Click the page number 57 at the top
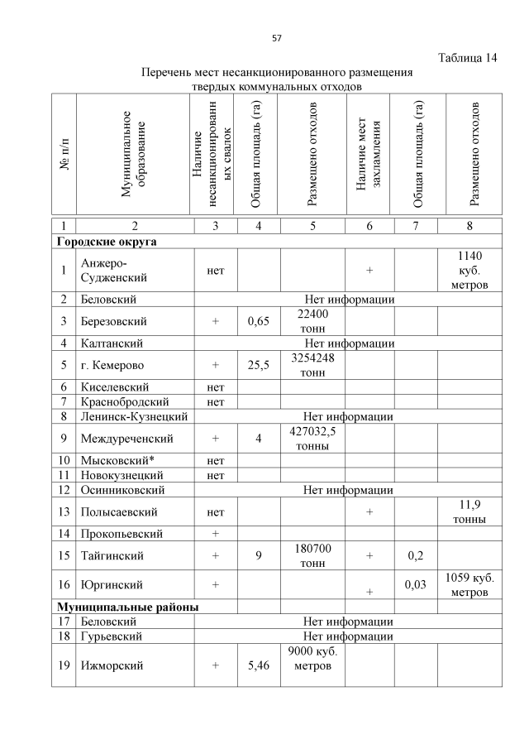coord(277,38)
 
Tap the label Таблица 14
coord(466,58)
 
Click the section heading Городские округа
coord(107,242)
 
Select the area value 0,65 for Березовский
coord(258,320)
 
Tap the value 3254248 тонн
coord(312,364)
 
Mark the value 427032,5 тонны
coord(313,439)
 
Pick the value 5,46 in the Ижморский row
coord(258,665)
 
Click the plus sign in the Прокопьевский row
coord(215,534)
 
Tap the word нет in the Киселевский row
coord(215,387)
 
